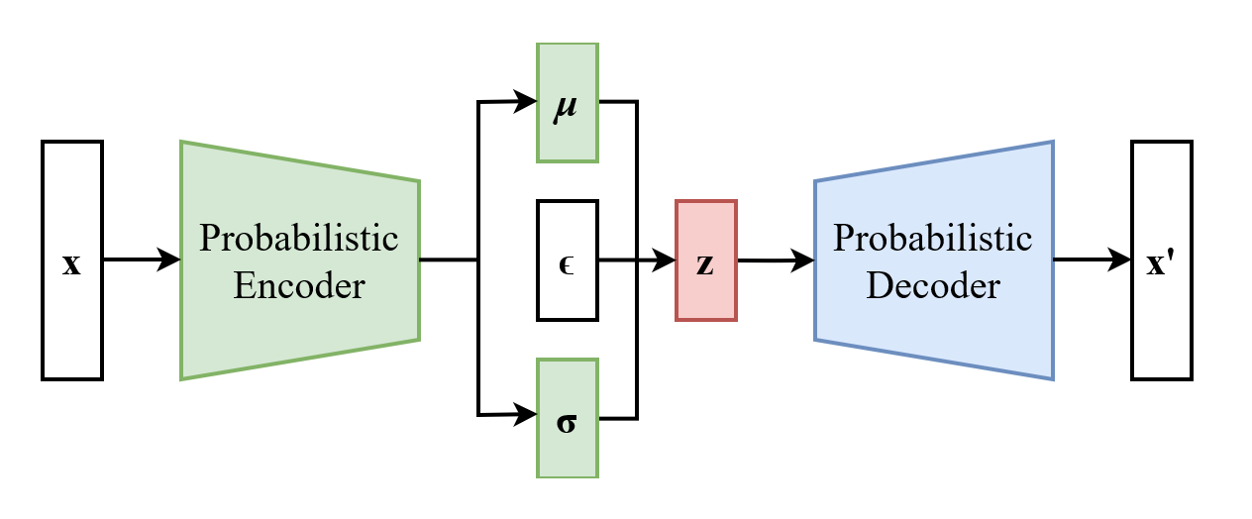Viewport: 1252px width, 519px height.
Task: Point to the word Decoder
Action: [932, 286]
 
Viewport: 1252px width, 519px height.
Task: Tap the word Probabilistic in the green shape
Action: [298, 238]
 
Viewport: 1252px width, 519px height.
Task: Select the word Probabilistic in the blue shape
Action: [932, 238]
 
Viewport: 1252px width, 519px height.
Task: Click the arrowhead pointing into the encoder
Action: [171, 259]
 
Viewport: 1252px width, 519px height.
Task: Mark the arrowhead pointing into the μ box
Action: [528, 101]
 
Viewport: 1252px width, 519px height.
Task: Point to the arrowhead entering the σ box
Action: [528, 416]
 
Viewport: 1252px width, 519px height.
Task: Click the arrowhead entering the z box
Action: [667, 260]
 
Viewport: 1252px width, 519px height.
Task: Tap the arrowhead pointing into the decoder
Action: [804, 260]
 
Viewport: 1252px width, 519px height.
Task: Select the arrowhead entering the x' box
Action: [1122, 259]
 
